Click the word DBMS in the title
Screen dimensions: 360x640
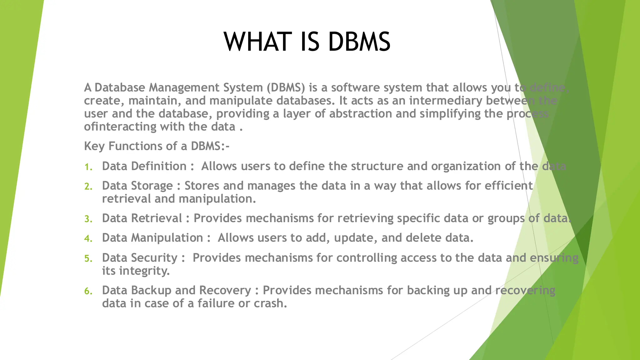pos(359,42)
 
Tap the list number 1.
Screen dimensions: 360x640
pos(88,167)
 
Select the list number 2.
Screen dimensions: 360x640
pos(88,187)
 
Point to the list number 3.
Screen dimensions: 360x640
pos(88,219)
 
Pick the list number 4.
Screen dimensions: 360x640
pos(88,239)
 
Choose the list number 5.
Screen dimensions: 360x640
pos(88,258)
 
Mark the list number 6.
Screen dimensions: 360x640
pos(88,291)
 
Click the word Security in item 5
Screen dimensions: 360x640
pos(154,258)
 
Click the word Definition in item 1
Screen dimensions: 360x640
pos(158,166)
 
